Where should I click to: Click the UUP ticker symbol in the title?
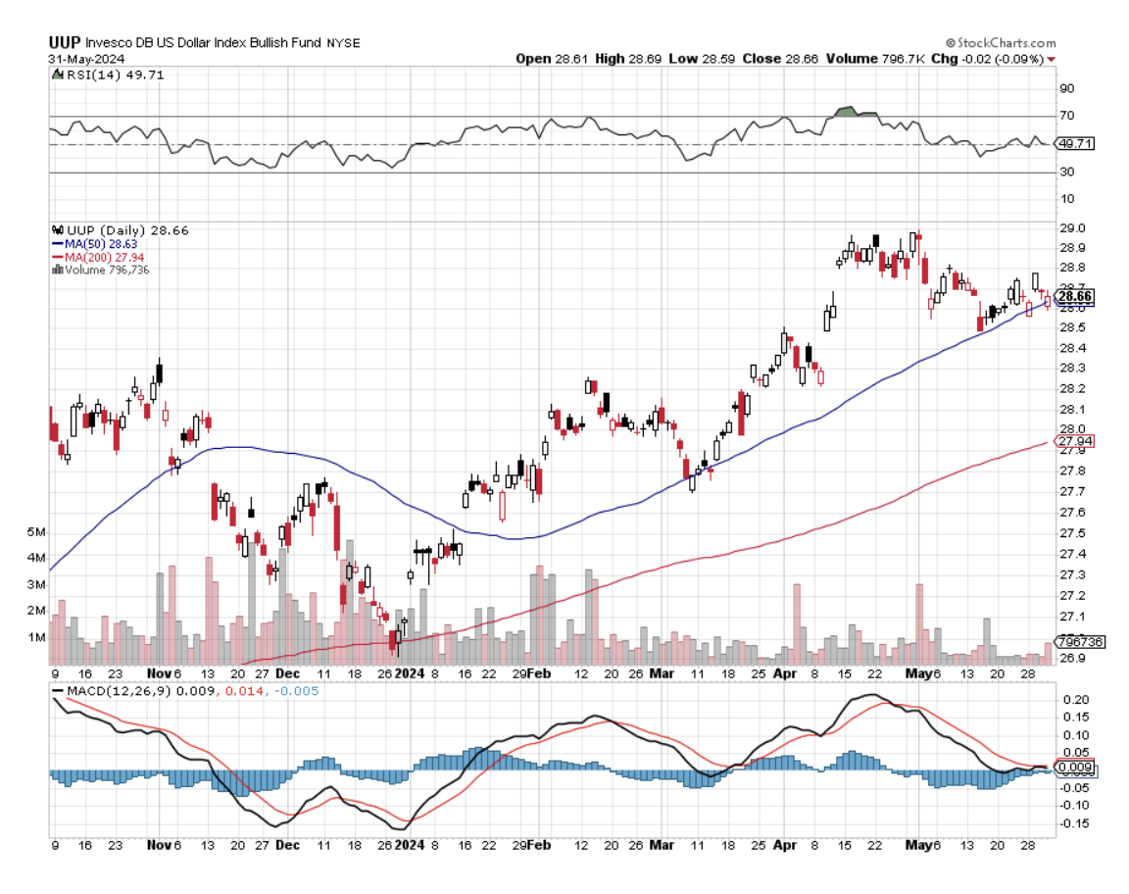[65, 43]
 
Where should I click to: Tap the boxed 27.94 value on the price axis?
[1074, 441]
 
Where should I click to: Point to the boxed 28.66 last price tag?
[1076, 296]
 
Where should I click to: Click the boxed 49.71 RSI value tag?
[1075, 143]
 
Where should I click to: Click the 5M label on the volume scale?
[36, 532]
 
